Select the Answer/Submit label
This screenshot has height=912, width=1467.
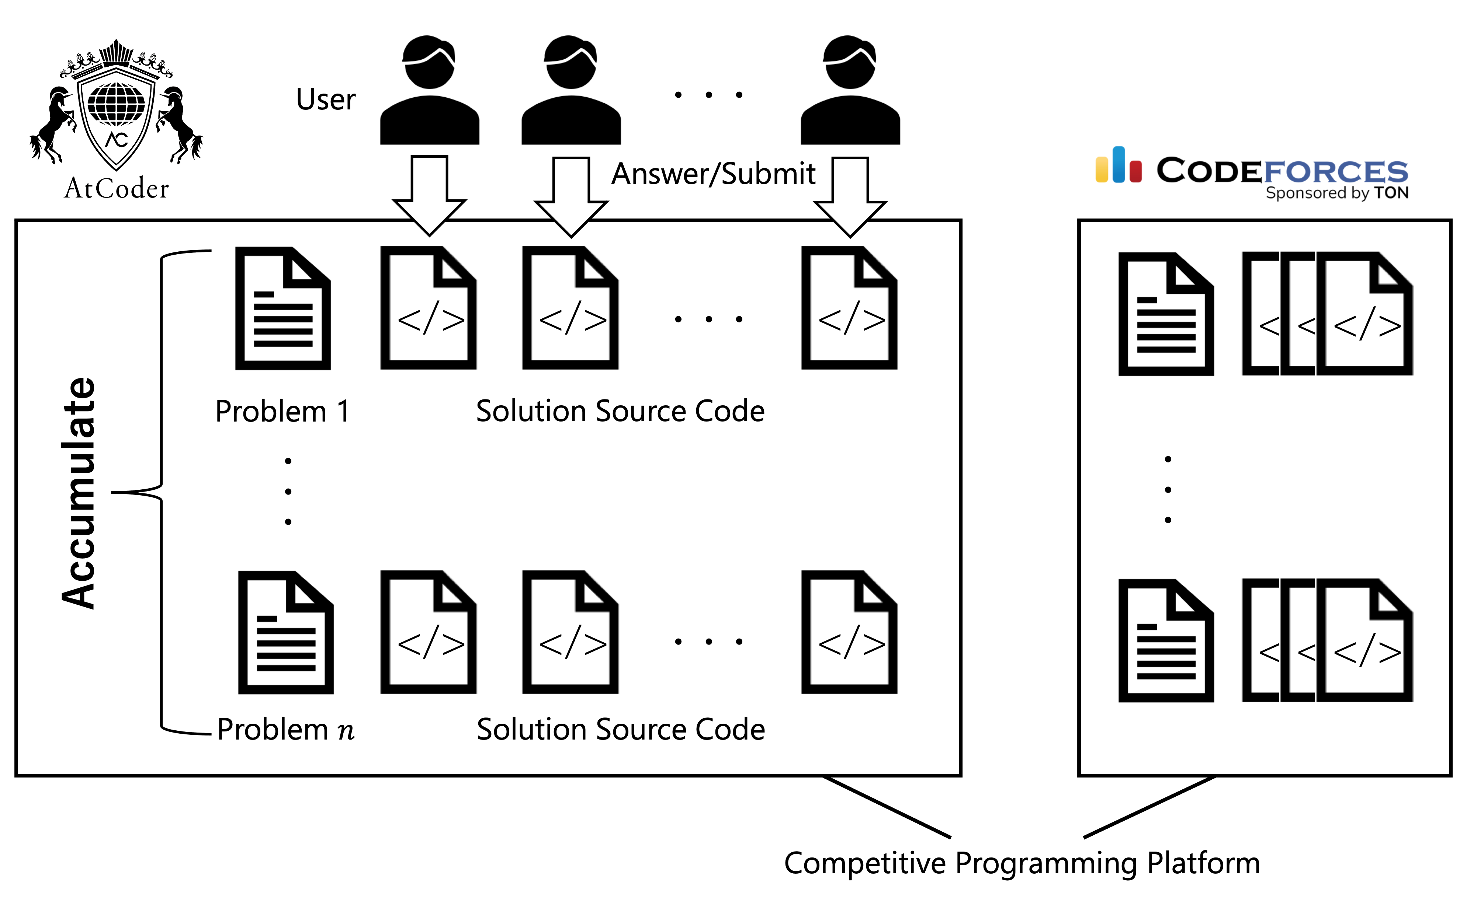tap(713, 174)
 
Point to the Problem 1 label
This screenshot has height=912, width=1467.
tap(282, 412)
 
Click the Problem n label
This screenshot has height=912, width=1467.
tap(285, 730)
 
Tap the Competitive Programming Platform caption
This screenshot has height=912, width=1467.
tap(1022, 863)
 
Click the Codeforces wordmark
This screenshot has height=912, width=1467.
tap(1282, 171)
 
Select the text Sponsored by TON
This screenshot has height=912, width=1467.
tap(1337, 193)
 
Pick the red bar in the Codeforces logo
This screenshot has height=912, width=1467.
tap(1136, 171)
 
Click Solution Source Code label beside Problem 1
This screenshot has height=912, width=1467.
tap(620, 412)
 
